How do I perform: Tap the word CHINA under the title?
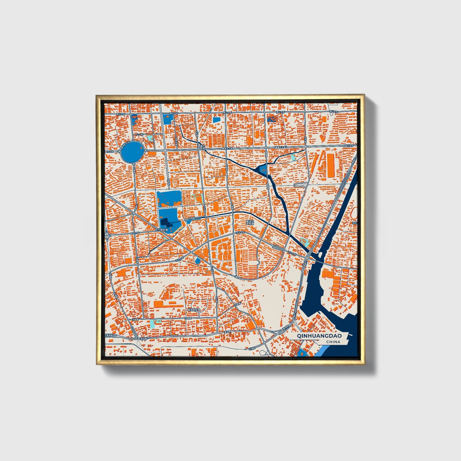[333, 342]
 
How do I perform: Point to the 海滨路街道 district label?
[193, 310]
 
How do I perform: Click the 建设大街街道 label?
[250, 222]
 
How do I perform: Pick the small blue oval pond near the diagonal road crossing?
[198, 261]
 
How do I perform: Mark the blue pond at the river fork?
[263, 169]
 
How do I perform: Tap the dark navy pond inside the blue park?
[166, 222]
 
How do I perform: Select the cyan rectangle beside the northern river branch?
[293, 157]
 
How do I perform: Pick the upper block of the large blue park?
[169, 198]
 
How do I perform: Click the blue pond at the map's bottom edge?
[301, 353]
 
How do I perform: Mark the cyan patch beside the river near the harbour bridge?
[304, 241]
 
